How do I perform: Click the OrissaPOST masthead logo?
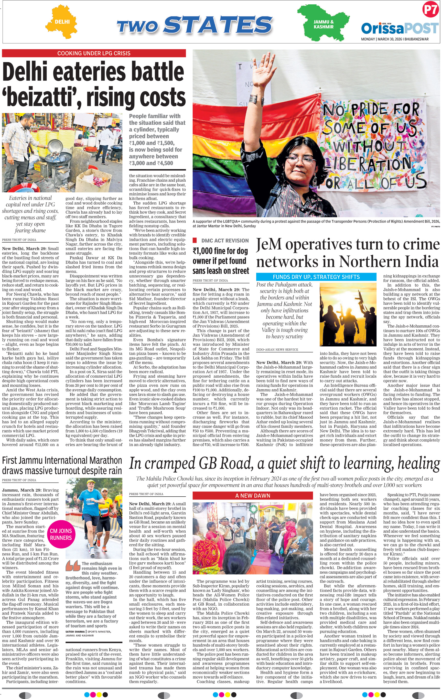coord(399,28)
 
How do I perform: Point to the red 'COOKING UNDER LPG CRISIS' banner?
coord(94,53)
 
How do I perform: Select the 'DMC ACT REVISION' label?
coord(225,241)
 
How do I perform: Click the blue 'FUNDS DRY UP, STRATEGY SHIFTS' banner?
coord(316,277)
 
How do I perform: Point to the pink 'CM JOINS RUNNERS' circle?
coord(61,534)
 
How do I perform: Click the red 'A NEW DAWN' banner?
coord(252,496)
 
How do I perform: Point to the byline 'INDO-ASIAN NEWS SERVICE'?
coord(277,349)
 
